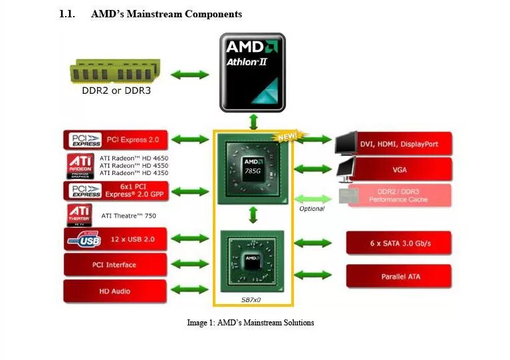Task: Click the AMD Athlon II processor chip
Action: coord(253,72)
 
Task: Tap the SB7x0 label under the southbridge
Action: coord(251,300)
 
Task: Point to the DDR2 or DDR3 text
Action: coord(116,90)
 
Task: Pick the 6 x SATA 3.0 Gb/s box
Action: coord(399,244)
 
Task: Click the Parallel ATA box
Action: coord(399,276)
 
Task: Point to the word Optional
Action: coord(312,209)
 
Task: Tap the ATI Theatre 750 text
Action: coord(128,216)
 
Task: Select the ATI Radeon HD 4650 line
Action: coord(134,158)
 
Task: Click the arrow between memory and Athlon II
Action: coord(190,75)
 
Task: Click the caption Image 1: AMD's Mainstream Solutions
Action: coord(250,323)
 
